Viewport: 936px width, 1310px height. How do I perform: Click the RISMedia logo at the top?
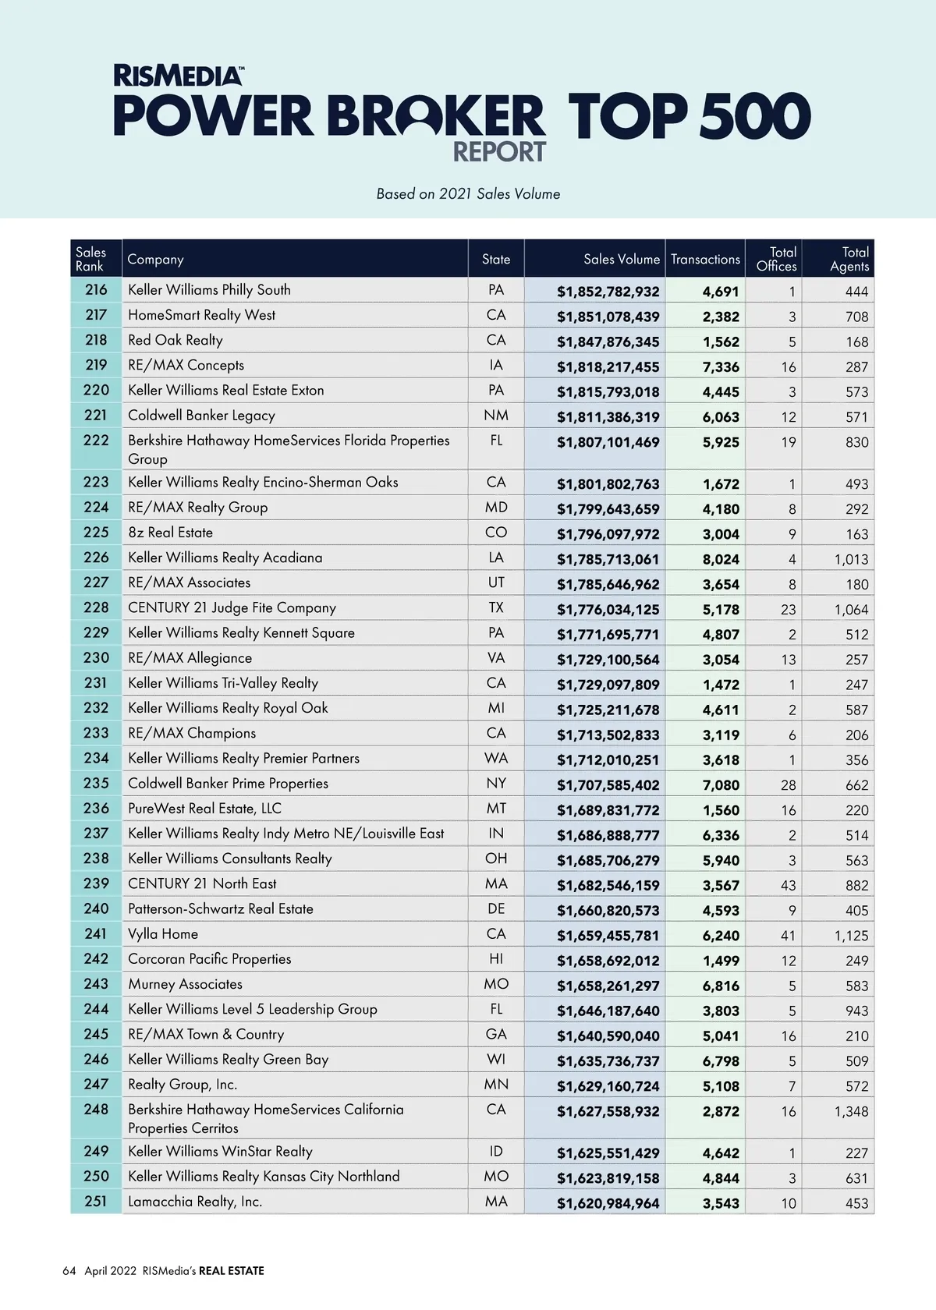tap(178, 76)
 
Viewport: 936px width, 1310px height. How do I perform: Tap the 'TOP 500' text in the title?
tap(689, 117)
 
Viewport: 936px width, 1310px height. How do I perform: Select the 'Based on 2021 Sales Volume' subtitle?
tap(468, 194)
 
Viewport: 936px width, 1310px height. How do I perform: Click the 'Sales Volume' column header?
tap(621, 260)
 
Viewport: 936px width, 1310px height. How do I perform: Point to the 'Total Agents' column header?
tap(849, 259)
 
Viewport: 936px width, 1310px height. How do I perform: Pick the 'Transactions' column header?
tap(705, 260)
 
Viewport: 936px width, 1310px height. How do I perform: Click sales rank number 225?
tap(96, 533)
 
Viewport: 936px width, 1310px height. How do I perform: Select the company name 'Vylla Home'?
tap(163, 934)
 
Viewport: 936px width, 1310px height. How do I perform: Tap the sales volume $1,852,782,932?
tap(608, 292)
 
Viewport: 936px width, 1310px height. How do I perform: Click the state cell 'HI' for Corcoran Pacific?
tap(496, 959)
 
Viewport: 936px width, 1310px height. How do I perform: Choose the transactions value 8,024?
tap(720, 559)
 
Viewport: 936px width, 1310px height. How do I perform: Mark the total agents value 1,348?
tap(851, 1111)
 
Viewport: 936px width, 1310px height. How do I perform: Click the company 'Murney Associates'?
tap(185, 984)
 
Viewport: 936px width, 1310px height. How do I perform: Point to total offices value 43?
tap(788, 886)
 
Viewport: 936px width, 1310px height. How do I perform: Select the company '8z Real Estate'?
tap(170, 533)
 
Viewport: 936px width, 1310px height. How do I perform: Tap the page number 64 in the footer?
tap(69, 1271)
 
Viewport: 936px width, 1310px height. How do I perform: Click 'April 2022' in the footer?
tap(110, 1271)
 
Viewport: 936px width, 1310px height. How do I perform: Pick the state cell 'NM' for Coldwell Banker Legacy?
tap(496, 416)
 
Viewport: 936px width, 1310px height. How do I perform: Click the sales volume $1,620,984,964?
tap(608, 1204)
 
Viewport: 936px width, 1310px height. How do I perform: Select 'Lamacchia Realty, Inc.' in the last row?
tap(195, 1202)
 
